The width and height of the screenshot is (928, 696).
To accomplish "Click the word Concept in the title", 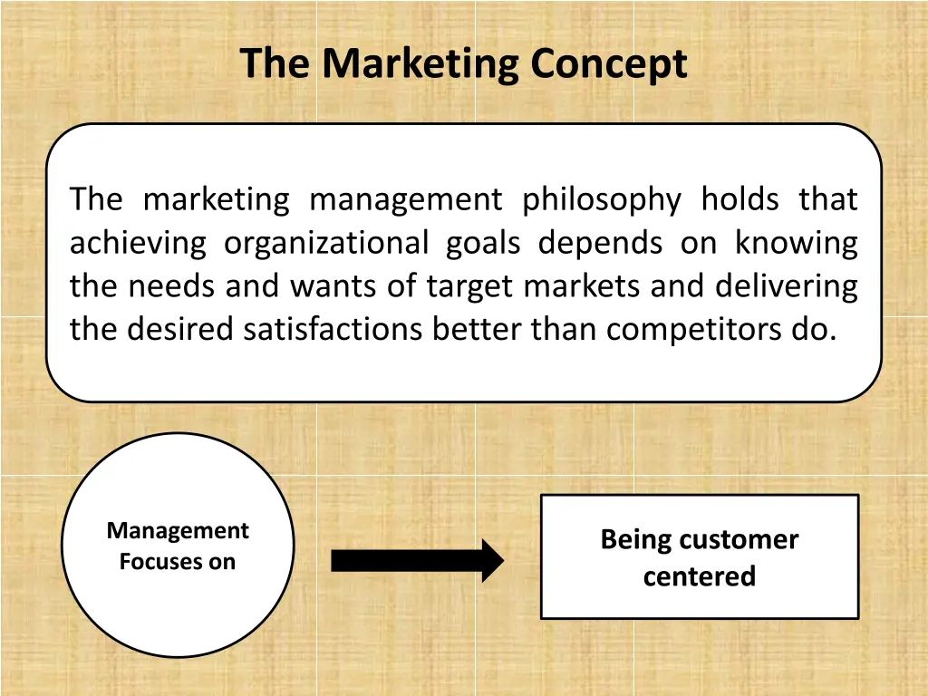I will pyautogui.click(x=609, y=64).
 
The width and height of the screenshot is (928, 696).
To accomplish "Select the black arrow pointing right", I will pyautogui.click(x=416, y=561).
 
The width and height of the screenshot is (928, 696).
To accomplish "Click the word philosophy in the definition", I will pyautogui.click(x=601, y=199).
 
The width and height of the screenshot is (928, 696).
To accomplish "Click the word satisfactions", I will pyautogui.click(x=333, y=329).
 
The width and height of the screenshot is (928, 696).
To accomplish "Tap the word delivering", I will pyautogui.click(x=786, y=286).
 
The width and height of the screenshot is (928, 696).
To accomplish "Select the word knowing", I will pyautogui.click(x=796, y=243).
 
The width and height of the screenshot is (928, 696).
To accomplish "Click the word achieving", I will pyautogui.click(x=138, y=243).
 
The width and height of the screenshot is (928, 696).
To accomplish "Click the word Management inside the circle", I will pyautogui.click(x=178, y=530).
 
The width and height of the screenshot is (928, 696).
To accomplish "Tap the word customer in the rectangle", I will pyautogui.click(x=737, y=540).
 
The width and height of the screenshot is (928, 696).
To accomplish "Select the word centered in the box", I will pyautogui.click(x=699, y=576).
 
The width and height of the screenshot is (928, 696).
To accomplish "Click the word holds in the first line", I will pyautogui.click(x=739, y=199).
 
